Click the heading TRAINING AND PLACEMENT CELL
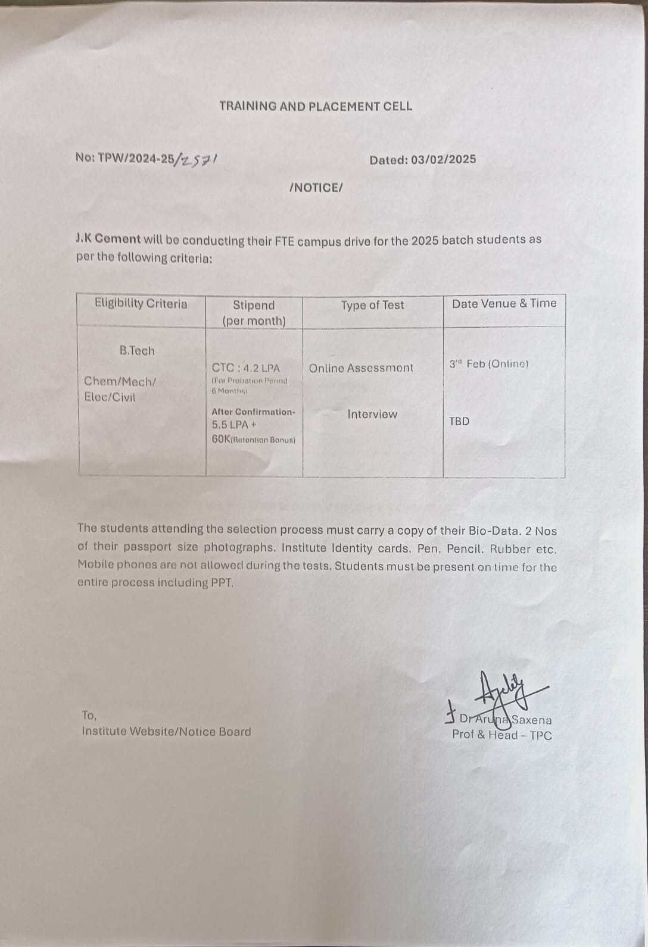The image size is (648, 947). click(316, 106)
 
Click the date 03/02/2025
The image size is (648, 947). click(444, 159)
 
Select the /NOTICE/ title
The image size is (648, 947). click(316, 188)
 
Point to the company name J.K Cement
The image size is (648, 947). click(108, 240)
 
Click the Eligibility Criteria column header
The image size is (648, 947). click(141, 304)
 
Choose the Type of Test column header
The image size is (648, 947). click(372, 305)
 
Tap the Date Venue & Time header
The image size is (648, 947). click(504, 304)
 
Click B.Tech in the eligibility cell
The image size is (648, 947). click(137, 351)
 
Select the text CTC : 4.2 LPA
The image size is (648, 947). click(245, 368)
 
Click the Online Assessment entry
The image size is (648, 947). click(361, 368)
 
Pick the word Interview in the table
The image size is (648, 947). click(372, 415)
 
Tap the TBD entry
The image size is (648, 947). click(459, 422)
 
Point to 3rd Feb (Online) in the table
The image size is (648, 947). click(488, 364)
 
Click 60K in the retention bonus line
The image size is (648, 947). click(220, 440)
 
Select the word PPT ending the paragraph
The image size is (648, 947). click(222, 583)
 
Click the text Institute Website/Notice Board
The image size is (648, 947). click(166, 732)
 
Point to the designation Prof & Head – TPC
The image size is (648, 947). click(501, 735)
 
